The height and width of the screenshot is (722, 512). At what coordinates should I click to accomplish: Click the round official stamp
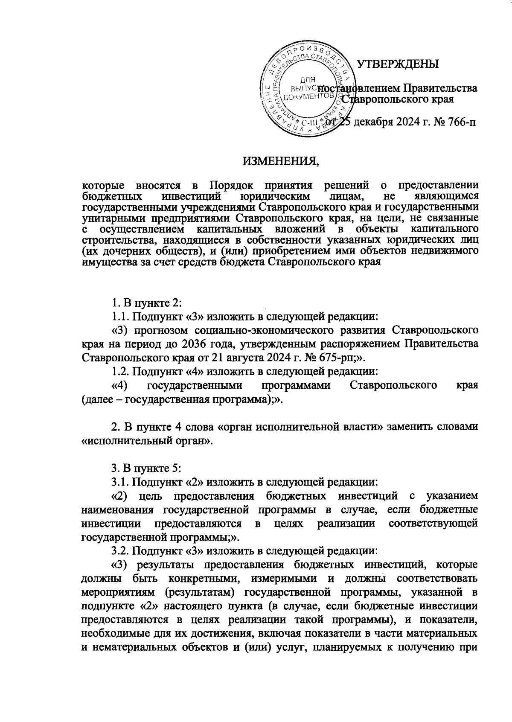pos(306,90)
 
